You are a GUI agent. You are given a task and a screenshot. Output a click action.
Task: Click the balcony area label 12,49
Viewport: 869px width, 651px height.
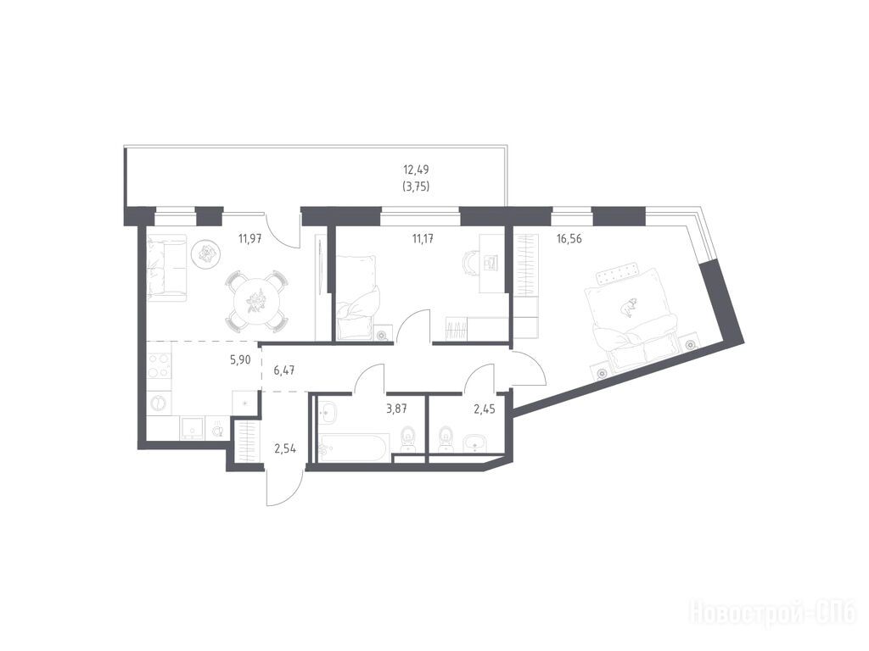click(416, 170)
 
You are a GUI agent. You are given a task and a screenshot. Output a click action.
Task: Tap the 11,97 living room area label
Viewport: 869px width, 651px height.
click(250, 239)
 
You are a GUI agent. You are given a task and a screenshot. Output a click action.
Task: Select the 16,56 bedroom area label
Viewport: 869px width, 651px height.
click(569, 239)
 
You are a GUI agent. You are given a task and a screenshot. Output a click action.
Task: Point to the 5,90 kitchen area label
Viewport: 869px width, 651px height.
click(240, 359)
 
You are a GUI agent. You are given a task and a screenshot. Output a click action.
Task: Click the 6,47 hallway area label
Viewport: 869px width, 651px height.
click(284, 370)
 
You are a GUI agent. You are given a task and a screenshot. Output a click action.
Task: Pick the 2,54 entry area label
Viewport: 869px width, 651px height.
click(285, 448)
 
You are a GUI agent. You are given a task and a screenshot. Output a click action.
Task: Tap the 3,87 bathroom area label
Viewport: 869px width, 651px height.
click(396, 409)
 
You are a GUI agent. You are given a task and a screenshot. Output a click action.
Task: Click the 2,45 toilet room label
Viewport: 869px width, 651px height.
click(484, 409)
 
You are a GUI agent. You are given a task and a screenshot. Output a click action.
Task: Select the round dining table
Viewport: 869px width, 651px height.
click(255, 302)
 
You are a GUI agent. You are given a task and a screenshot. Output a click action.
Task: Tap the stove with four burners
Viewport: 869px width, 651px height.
click(158, 365)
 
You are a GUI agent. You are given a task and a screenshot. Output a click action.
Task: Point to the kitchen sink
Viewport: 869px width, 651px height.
click(193, 428)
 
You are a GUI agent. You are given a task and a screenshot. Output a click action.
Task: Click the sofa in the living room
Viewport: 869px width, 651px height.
click(166, 268)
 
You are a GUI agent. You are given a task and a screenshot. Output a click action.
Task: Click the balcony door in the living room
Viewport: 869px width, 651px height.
click(283, 232)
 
